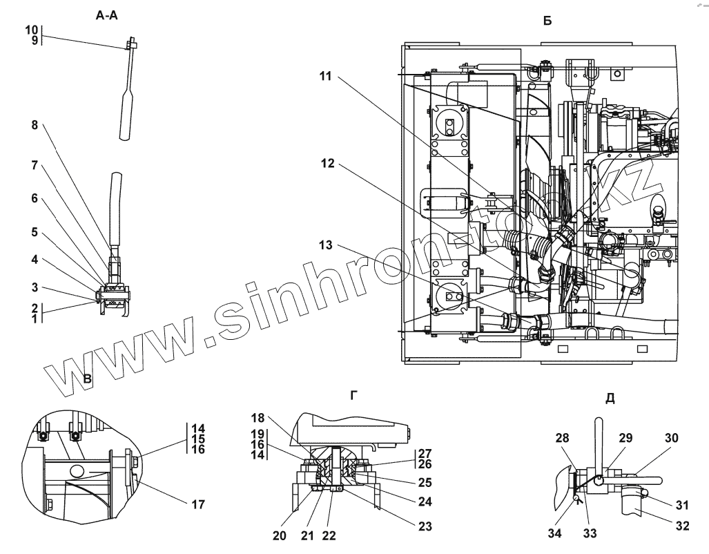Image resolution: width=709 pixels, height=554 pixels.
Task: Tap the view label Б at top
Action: click(547, 21)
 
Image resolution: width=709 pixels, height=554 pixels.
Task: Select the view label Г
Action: click(354, 395)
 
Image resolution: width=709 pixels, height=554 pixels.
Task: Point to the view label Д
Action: click(610, 399)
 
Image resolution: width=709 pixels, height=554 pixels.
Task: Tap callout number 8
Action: click(34, 126)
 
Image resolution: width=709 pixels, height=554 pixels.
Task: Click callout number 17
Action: click(198, 504)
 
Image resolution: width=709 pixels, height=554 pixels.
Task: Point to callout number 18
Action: click(258, 419)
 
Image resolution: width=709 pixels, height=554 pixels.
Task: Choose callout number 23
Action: click(425, 526)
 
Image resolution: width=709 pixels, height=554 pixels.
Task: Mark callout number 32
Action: click(682, 526)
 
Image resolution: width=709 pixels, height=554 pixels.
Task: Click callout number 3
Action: click(34, 287)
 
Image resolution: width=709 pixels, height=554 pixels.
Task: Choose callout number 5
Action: click(34, 232)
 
